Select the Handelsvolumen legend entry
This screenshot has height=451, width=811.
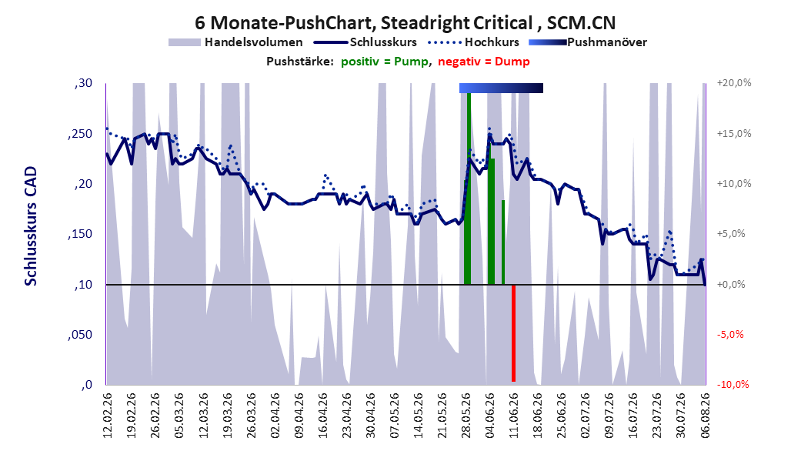click(235, 42)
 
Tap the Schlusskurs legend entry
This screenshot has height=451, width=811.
click(365, 42)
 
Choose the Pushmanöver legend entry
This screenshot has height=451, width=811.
click(588, 42)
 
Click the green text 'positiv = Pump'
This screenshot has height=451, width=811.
click(384, 62)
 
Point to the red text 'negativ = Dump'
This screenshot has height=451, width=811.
click(484, 62)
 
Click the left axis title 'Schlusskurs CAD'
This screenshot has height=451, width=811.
click(31, 226)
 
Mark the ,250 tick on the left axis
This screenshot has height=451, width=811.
click(80, 134)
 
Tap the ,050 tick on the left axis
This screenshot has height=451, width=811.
click(80, 335)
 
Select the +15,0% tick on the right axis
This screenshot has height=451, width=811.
click(734, 133)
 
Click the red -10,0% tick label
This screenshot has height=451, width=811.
click(733, 384)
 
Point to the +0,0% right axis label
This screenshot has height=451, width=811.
click(731, 285)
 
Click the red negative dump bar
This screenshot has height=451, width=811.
click(513, 333)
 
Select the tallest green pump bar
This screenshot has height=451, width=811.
click(469, 189)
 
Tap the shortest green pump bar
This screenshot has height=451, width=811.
click(503, 242)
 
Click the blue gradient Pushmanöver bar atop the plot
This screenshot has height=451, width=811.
click(501, 88)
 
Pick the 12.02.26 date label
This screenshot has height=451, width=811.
click(108, 416)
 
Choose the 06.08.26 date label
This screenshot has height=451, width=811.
click(705, 416)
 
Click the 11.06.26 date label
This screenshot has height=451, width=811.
click(513, 416)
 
